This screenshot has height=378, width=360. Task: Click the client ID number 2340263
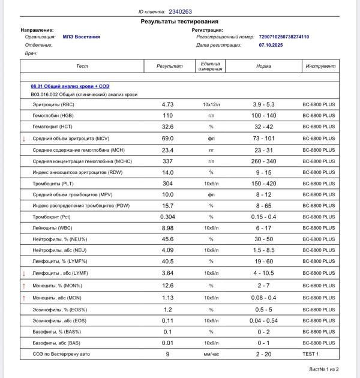(181, 11)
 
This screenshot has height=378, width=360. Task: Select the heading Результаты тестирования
(180, 21)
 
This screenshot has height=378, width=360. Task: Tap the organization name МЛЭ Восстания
(81, 37)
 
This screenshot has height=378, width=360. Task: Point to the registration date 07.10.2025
(271, 45)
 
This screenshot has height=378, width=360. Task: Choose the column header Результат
(169, 66)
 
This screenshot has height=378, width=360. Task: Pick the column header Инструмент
(320, 66)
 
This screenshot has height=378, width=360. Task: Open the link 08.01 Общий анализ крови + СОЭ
(70, 86)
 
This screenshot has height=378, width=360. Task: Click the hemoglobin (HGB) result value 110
(168, 115)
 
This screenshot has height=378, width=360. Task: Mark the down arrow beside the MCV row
(24, 139)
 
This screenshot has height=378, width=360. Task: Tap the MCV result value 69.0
(168, 139)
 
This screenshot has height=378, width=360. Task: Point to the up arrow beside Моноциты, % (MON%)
(24, 286)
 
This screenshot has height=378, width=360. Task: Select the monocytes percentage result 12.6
(168, 286)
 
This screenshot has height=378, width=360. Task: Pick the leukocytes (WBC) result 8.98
(168, 229)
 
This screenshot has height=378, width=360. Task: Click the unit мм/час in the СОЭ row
(211, 355)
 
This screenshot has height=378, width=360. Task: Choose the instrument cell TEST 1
(319, 355)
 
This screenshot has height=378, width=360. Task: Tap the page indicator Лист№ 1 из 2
(324, 370)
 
